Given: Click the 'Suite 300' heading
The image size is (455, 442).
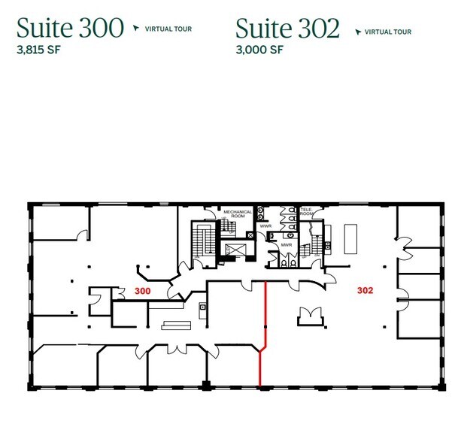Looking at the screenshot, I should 70,28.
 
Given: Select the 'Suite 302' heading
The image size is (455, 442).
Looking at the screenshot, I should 287,28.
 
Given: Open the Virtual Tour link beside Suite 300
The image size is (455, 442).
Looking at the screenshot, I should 163,29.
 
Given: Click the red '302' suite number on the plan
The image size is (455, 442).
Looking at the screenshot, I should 365,289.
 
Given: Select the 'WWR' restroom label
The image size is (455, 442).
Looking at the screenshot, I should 265,226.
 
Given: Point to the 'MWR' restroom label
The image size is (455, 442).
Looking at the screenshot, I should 286,244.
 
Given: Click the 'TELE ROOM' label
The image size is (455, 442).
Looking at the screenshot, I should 307,212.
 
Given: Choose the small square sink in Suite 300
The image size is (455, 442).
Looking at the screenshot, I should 201,310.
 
